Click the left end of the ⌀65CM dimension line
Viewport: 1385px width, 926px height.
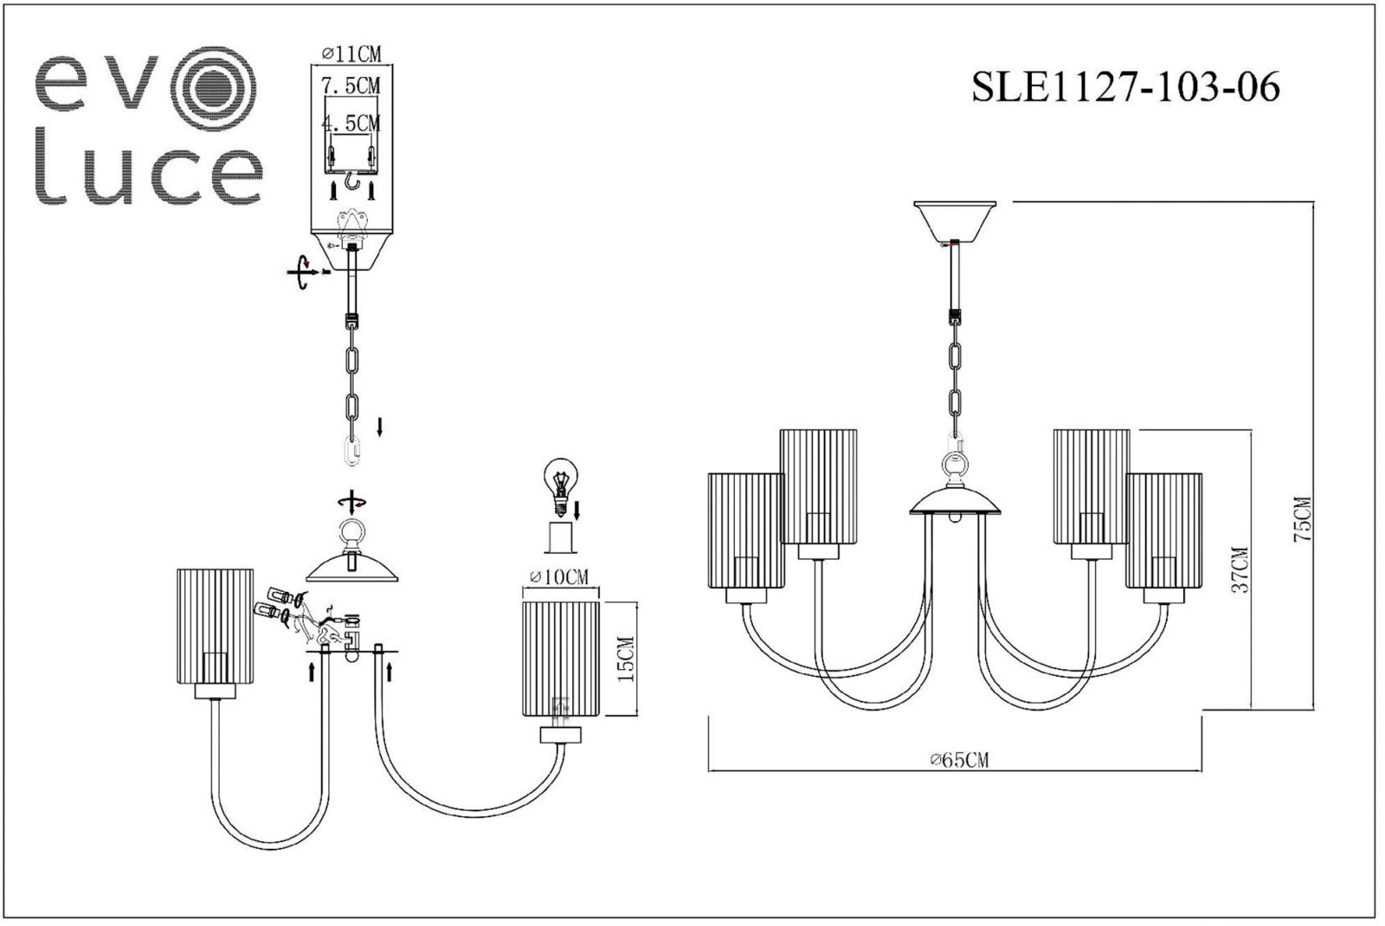coord(709,771)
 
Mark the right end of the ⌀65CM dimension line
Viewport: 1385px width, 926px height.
coord(1202,771)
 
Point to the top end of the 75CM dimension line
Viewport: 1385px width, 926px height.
coord(1312,202)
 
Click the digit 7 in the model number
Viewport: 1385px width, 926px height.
coord(1120,87)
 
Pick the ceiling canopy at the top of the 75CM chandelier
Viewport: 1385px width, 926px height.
coord(956,221)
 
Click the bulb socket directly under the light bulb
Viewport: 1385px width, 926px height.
coord(560,537)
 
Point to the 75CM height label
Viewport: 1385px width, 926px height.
coord(1303,519)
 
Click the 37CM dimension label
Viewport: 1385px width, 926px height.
coord(1240,569)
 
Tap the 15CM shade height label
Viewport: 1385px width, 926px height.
coord(626,659)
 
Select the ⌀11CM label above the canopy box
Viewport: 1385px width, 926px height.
coord(351,55)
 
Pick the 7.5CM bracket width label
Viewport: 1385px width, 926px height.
coord(351,86)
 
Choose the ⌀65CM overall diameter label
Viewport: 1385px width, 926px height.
coord(960,760)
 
